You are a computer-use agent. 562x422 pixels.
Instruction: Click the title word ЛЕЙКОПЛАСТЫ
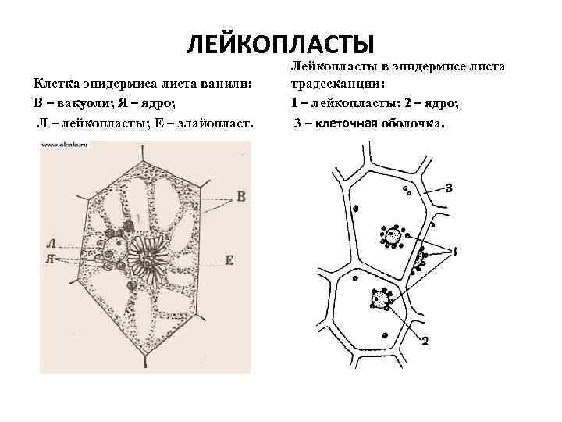point(280,45)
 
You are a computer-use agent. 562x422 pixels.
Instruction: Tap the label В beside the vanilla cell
point(241,197)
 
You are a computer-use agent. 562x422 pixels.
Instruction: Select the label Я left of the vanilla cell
point(50,259)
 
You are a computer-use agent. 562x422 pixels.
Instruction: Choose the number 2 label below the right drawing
point(424,340)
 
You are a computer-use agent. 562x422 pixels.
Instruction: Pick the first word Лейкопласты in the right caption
point(331,66)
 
